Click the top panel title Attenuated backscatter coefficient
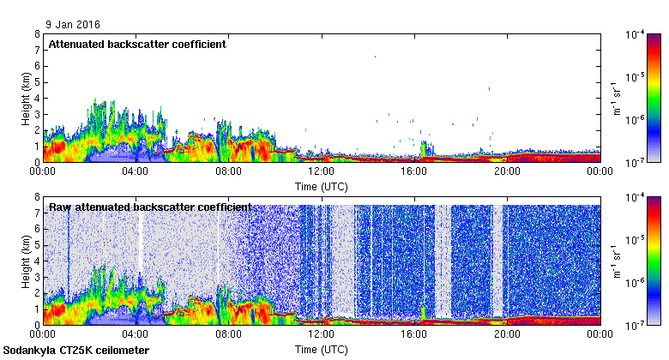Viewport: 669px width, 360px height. pyautogui.click(x=137, y=44)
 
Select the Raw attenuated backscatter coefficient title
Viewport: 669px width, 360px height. pyautogui.click(x=150, y=207)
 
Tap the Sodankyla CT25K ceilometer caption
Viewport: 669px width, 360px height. pyautogui.click(x=75, y=351)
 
